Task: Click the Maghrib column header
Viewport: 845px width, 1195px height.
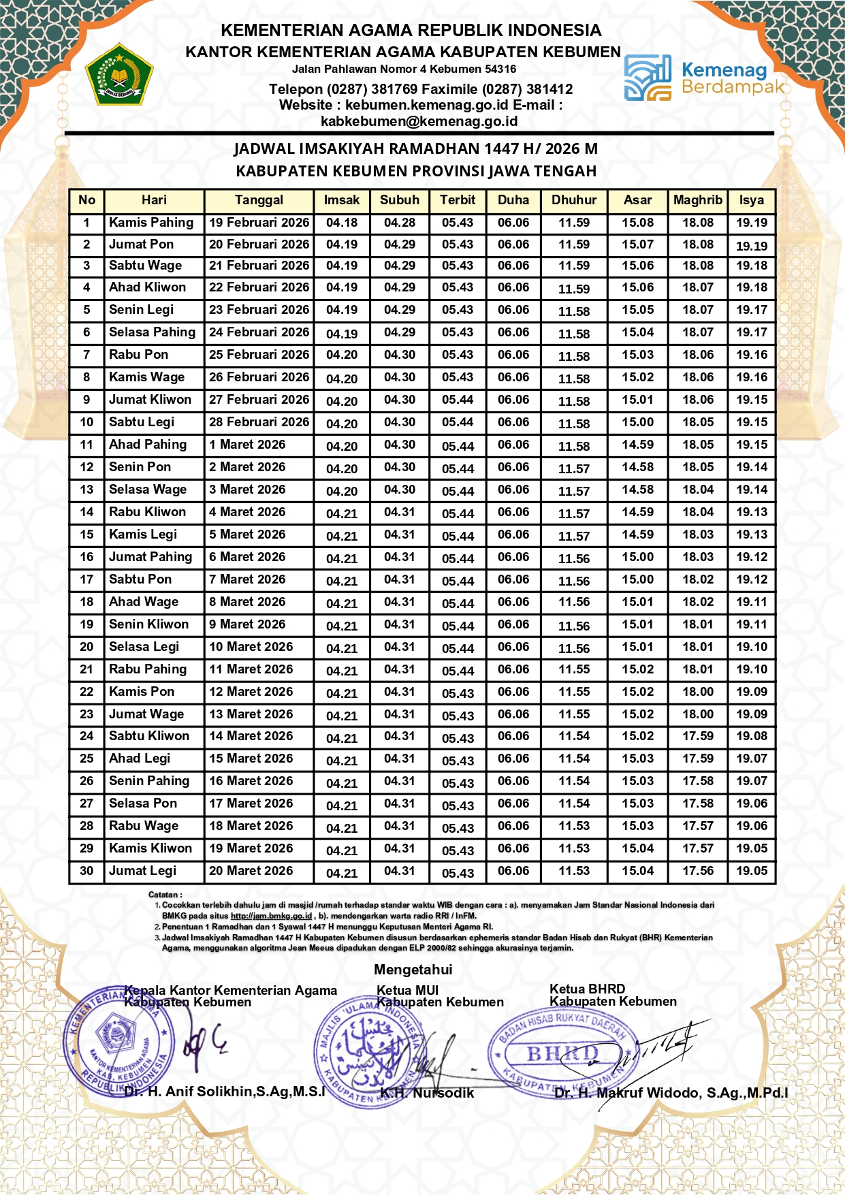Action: pos(697,200)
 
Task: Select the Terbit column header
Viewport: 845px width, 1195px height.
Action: pos(458,200)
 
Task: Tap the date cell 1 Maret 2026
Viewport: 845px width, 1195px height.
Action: pos(248,445)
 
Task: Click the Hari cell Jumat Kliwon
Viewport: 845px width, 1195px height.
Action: pos(150,400)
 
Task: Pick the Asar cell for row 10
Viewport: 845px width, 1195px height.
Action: pos(637,422)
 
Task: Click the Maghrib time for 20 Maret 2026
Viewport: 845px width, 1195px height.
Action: pos(698,871)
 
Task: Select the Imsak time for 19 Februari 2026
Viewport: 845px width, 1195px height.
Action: pos(342,223)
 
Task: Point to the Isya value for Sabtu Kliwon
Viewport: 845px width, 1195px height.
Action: pos(752,736)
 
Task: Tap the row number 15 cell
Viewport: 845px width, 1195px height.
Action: pos(86,535)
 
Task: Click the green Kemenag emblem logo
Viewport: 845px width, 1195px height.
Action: pos(119,75)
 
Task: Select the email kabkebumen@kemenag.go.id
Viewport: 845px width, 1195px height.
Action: pos(419,122)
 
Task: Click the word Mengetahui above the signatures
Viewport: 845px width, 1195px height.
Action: pos(413,970)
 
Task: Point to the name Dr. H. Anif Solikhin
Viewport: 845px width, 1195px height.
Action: pos(225,1092)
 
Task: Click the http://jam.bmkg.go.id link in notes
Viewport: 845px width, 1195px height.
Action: pos(271,917)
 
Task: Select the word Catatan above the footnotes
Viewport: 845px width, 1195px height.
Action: pos(165,895)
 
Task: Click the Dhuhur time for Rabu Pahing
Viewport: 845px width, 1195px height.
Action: pos(574,669)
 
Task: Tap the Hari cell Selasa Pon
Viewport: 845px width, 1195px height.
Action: pos(143,803)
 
